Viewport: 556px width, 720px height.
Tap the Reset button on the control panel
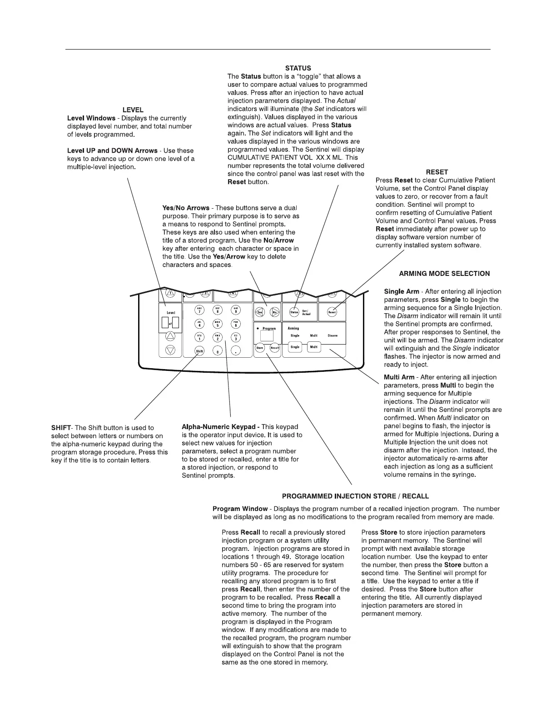pos(332,312)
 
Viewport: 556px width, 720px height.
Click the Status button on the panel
pos(294,312)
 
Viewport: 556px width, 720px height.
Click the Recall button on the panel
pos(275,348)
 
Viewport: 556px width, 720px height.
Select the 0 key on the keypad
pos(217,351)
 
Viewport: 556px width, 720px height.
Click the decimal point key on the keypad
pos(236,351)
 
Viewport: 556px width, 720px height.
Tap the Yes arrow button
pos(260,312)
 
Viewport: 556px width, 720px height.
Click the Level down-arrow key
pos(170,350)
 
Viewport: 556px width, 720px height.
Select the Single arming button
pos(295,347)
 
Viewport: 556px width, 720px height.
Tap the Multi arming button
pos(314,347)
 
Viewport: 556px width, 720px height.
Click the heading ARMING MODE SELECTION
pos(444,274)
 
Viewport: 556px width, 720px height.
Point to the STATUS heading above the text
pos(298,68)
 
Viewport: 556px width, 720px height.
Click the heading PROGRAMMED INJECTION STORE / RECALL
pos(355,496)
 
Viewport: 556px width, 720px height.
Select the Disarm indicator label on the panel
pos(333,336)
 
